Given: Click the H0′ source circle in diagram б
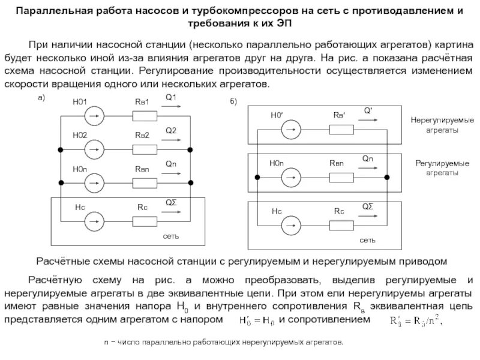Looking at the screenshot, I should click(292, 127).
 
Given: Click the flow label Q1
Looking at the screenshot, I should click(171, 98).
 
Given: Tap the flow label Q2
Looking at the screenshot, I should click(171, 130).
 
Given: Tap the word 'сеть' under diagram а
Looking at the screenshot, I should click(172, 236).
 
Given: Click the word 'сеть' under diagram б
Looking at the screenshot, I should click(368, 240).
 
